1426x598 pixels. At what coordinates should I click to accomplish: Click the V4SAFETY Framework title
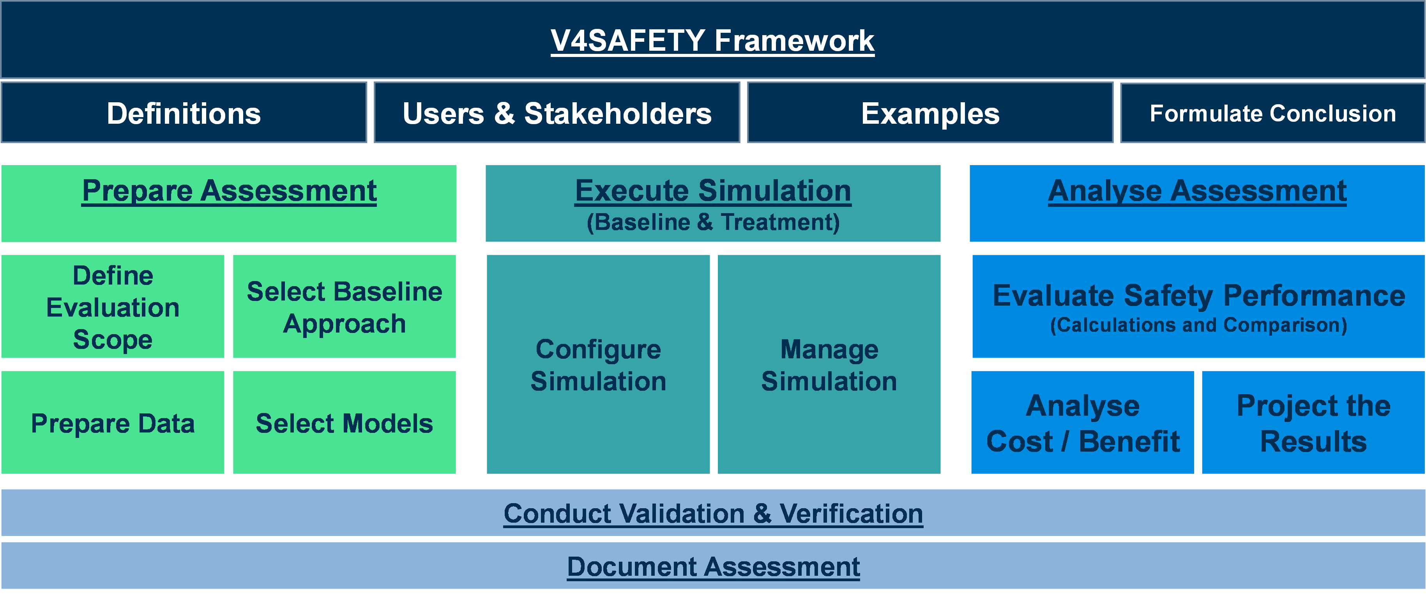712,41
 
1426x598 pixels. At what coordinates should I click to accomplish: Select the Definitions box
184,112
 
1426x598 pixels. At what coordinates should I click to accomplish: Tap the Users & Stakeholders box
557,112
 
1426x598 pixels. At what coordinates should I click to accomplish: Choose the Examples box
930,112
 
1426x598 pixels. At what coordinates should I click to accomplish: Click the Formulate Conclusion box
1273,112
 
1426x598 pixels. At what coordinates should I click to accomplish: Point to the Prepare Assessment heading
229,191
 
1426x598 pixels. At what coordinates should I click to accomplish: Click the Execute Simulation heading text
713,191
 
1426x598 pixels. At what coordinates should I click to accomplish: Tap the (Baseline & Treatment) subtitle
713,222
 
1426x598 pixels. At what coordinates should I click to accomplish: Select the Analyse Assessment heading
1197,191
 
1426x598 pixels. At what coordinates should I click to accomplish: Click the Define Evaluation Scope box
113,306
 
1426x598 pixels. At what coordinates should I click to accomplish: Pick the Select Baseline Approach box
345,306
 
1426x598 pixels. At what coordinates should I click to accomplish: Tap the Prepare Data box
113,422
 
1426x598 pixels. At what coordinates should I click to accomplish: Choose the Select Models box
345,422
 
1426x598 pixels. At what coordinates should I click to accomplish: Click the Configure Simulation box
598,364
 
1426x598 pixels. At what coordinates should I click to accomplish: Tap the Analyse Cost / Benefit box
1083,422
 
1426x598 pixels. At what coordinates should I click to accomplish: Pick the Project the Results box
1314,422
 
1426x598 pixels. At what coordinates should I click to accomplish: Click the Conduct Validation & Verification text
713,514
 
